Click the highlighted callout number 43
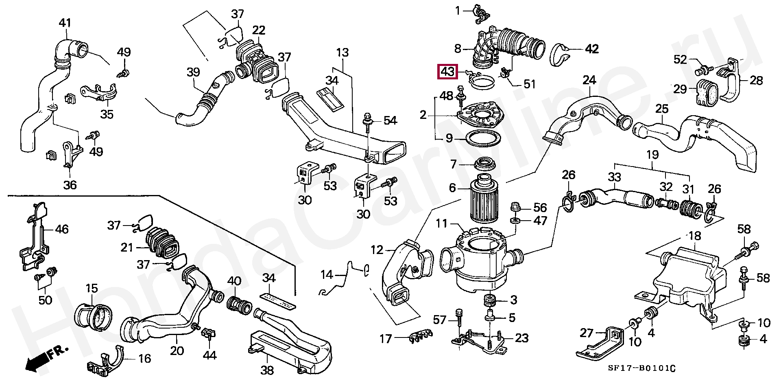(447, 72)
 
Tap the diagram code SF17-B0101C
(641, 368)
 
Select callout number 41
(65, 23)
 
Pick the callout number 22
(259, 30)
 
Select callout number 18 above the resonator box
(695, 236)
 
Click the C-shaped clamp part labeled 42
(561, 53)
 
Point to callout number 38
(267, 370)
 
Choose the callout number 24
(589, 80)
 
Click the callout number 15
(92, 288)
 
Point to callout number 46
(62, 229)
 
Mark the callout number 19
(652, 155)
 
